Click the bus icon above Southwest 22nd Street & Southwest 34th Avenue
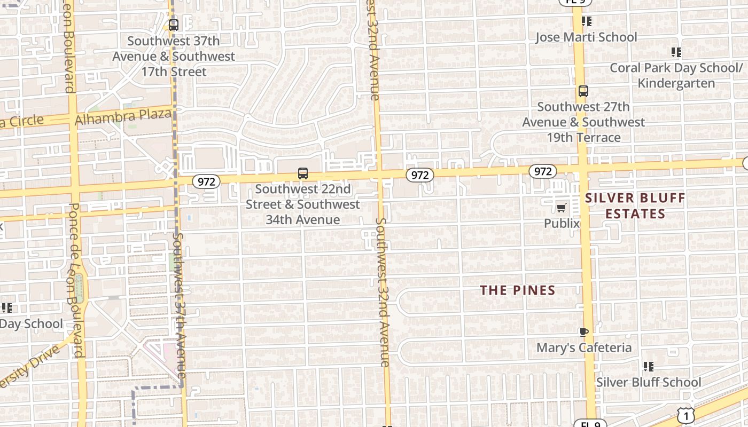click(303, 173)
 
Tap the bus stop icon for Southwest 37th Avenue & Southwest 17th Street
click(173, 25)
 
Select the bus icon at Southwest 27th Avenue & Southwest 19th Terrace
click(583, 91)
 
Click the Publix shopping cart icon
click(561, 208)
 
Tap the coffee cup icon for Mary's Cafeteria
click(583, 332)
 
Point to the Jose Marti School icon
click(587, 21)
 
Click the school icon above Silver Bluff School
click(648, 367)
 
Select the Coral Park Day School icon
click(676, 52)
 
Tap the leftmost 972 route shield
click(206, 181)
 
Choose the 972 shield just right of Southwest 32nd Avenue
click(419, 175)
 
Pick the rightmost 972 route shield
click(543, 171)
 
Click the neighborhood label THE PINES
click(517, 290)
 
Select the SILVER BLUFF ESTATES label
click(635, 206)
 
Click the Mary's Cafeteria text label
click(583, 347)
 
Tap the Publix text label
click(562, 223)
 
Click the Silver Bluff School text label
click(648, 382)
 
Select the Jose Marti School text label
click(586, 37)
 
